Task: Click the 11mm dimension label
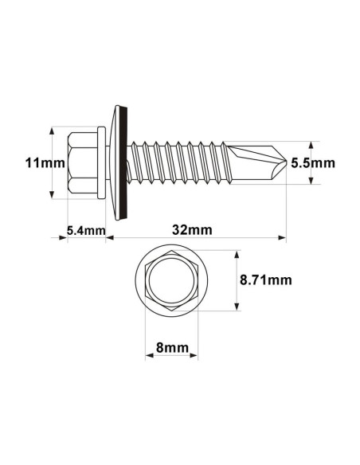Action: pos(35,162)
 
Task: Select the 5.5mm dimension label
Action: pos(312,162)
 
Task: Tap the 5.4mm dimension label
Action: pos(85,231)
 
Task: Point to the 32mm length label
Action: pos(192,230)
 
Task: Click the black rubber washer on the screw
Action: pos(126,162)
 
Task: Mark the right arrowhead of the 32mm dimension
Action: pos(282,236)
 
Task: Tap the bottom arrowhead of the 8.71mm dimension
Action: pos(237,309)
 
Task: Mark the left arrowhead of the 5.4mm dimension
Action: pos(65,236)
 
